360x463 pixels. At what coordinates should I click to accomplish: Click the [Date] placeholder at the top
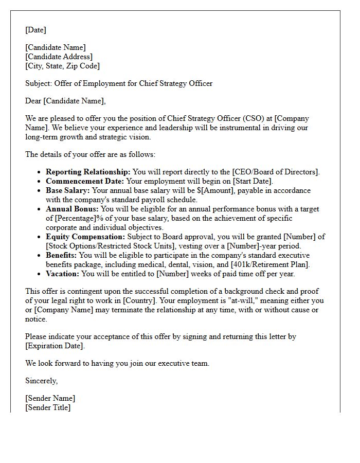(35, 30)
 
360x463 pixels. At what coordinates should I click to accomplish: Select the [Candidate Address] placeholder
(59, 57)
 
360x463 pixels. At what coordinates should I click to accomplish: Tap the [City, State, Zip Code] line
(62, 66)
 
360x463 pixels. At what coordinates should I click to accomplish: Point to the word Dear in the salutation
(33, 101)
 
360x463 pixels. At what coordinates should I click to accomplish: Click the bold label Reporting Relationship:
(88, 172)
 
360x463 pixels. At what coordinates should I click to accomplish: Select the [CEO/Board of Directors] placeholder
(276, 172)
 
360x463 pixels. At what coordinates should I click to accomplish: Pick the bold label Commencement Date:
(85, 181)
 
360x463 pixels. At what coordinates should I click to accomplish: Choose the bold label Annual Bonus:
(73, 209)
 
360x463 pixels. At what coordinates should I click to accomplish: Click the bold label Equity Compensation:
(85, 237)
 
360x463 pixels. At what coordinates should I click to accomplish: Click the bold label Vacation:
(63, 274)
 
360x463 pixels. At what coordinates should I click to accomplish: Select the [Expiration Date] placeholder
(55, 346)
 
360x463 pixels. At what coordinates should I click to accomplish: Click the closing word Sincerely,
(42, 381)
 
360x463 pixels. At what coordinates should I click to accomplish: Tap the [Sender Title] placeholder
(48, 407)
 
